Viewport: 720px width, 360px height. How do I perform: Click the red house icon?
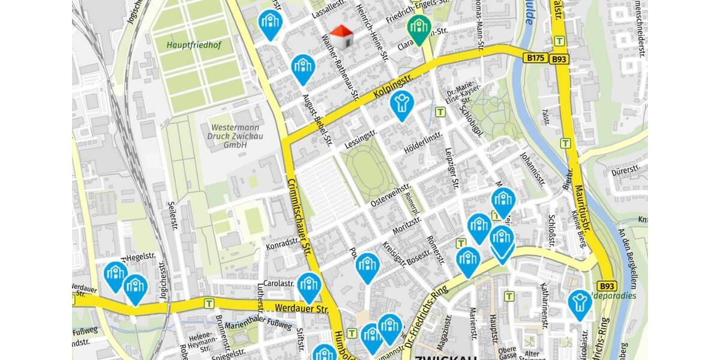pyautogui.click(x=343, y=37)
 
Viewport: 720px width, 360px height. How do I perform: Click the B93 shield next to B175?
pyautogui.click(x=559, y=59)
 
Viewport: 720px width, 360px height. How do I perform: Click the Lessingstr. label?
pyautogui.click(x=361, y=140)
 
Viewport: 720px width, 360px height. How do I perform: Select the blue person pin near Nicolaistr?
pyautogui.click(x=579, y=303)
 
